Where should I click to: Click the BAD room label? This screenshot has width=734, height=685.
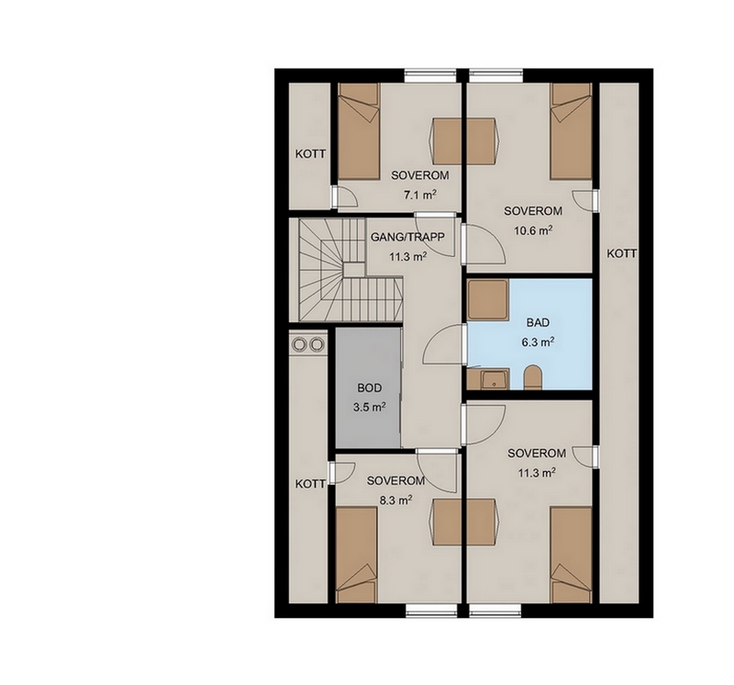[x=538, y=322]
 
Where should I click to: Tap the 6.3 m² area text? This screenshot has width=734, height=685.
[x=539, y=342]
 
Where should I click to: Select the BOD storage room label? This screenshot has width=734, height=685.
[x=370, y=387]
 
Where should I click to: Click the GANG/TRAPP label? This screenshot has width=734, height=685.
[x=407, y=237]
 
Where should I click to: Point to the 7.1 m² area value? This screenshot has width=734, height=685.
[x=420, y=195]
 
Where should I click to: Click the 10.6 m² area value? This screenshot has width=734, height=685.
[x=533, y=230]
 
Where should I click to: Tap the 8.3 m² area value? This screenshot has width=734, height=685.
[x=395, y=500]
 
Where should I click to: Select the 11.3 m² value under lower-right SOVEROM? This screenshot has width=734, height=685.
[x=537, y=473]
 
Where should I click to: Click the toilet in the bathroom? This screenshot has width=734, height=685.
[x=532, y=377]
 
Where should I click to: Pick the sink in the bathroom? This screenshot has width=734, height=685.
[x=495, y=379]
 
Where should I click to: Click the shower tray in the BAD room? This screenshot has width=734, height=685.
[x=488, y=299]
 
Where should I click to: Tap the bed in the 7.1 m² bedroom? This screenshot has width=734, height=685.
[x=358, y=131]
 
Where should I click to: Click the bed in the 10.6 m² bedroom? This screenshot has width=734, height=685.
[x=571, y=131]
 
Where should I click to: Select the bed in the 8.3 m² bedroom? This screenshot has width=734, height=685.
[x=357, y=555]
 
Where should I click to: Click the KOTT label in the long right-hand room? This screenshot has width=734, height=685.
[x=622, y=254]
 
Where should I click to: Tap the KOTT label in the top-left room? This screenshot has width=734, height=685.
[x=310, y=153]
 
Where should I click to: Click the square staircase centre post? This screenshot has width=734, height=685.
[x=354, y=270]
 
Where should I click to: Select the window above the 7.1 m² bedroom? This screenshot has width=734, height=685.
[x=430, y=73]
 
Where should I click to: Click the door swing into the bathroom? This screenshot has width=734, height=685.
[x=440, y=343]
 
